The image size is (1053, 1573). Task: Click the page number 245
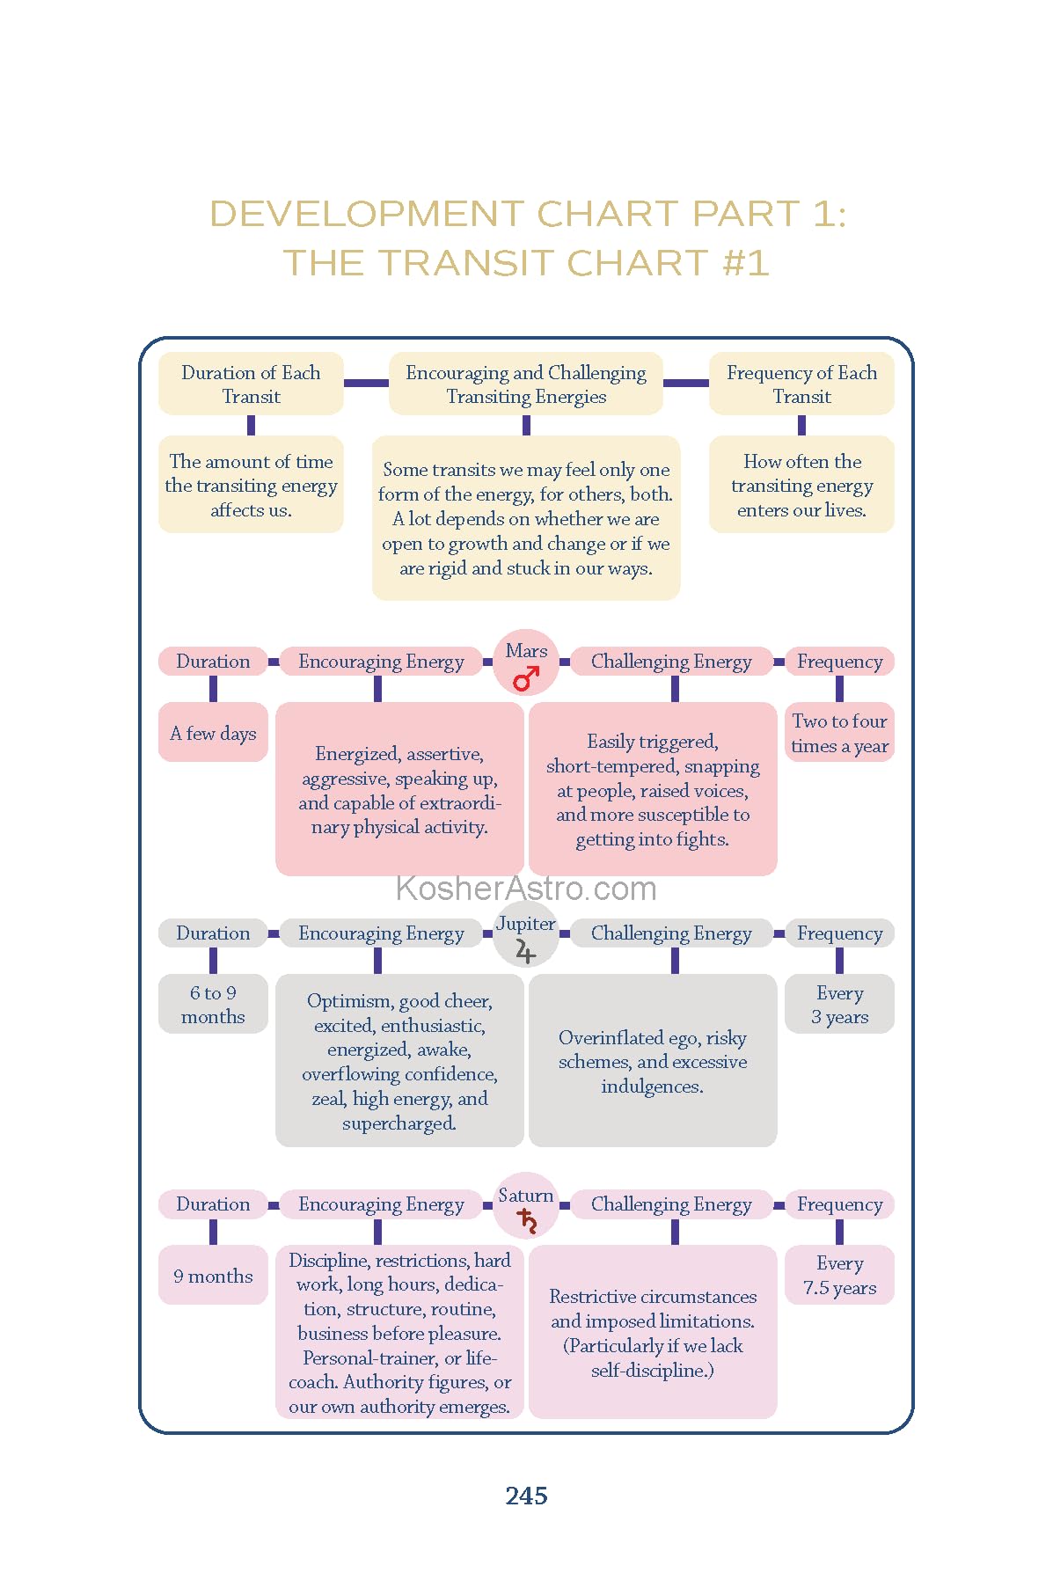526,1496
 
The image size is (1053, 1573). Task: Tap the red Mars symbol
526,678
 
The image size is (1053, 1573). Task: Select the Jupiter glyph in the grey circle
525,951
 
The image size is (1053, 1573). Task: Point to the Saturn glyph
527,1221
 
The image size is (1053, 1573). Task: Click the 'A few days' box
213,733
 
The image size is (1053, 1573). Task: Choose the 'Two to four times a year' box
839,733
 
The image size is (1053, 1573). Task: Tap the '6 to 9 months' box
213,1004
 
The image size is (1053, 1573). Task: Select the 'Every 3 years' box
839,1004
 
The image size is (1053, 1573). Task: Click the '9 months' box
213,1276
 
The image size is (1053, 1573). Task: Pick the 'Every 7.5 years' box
839,1275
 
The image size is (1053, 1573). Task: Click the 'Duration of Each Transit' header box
251,384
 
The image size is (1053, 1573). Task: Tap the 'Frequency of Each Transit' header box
801,384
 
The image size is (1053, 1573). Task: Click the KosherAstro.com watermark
526,889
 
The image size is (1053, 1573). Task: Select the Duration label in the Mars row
213,662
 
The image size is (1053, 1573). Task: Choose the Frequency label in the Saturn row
839,1204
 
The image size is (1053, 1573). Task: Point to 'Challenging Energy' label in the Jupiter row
671,933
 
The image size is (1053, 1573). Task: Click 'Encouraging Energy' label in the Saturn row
381,1204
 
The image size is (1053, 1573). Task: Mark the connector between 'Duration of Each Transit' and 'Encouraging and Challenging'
366,383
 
